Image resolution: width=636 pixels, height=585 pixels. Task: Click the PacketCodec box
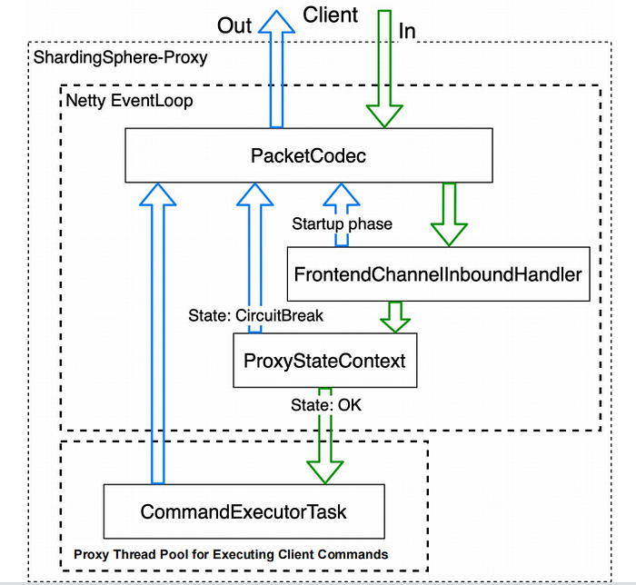click(309, 154)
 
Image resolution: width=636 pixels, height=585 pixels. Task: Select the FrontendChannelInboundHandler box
click(437, 273)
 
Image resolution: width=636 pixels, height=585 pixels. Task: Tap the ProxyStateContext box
click(324, 360)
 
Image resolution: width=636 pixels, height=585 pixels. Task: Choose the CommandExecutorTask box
click(243, 511)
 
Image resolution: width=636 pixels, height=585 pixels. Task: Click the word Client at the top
click(331, 15)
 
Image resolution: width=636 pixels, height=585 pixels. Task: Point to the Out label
click(234, 25)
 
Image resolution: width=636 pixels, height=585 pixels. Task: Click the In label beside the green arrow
click(408, 31)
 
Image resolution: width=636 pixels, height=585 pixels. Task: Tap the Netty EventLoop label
click(129, 100)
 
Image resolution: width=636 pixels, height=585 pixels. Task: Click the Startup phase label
click(342, 223)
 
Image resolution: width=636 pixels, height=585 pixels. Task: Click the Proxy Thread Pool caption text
click(244, 553)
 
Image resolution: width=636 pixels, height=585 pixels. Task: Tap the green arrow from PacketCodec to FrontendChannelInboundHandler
click(449, 213)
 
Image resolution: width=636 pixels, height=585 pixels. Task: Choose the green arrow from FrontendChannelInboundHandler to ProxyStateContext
click(394, 315)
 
